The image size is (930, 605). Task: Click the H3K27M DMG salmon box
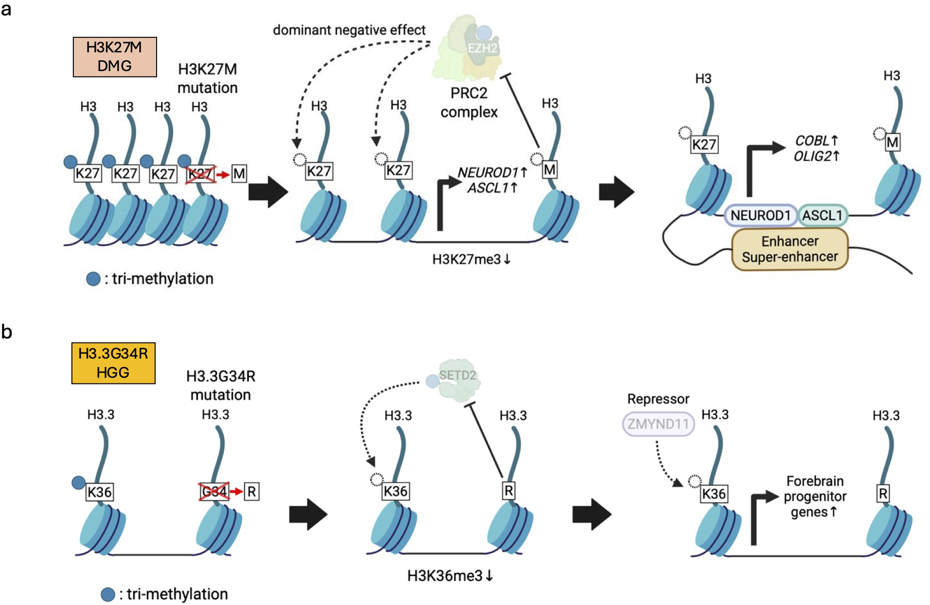coord(114,57)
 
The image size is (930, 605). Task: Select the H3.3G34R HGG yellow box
coord(113,363)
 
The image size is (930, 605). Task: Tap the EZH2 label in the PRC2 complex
coord(482,48)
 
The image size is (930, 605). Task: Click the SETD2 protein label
coord(457,375)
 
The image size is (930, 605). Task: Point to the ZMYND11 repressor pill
coord(658,424)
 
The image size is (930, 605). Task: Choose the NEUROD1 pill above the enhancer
coord(760,216)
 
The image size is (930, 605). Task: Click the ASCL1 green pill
coord(822,216)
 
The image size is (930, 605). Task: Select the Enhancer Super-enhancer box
coord(789,249)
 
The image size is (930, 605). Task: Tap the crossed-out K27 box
coord(200,174)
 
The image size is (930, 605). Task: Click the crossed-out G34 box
coord(214,491)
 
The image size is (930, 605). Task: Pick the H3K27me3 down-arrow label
coord(471,259)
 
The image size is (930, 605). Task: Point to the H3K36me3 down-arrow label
coord(450,576)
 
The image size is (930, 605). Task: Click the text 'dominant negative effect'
coord(349,30)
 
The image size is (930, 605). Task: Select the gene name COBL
coord(812,140)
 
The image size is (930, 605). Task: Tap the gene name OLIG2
coord(812,156)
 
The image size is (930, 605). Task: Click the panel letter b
coord(7,331)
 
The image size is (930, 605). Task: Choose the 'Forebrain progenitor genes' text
coord(815,496)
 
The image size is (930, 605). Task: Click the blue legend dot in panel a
coord(93,279)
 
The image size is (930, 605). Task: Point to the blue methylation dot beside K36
coord(79,483)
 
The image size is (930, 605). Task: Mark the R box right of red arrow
coord(251,491)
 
